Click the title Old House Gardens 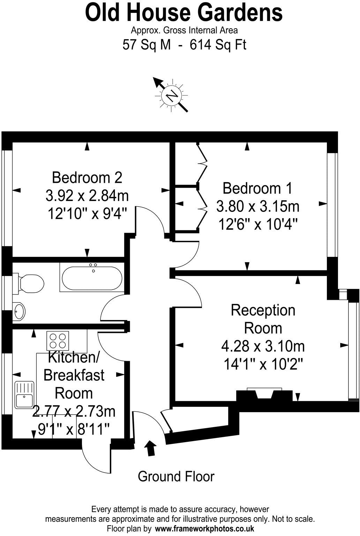[184, 13]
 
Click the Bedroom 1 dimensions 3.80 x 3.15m [258, 206]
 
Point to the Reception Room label [263, 319]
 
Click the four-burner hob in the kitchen [58, 341]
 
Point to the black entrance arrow [151, 448]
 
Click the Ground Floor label [176, 476]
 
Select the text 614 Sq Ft [218, 45]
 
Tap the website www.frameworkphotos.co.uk [204, 528]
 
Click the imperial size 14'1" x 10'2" [263, 365]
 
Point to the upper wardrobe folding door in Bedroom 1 [202, 154]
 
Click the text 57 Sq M [147, 45]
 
